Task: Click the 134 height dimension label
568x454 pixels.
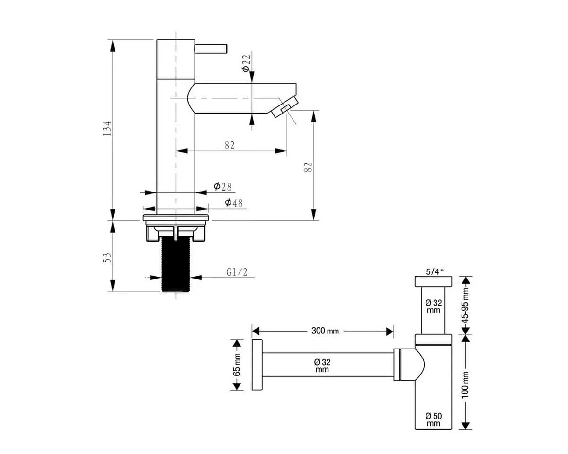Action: tap(107, 129)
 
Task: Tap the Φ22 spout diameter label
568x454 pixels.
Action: tap(246, 63)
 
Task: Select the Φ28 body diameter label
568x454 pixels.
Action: tap(222, 187)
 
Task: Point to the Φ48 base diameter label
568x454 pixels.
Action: tap(233, 202)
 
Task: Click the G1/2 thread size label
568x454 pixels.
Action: tap(237, 272)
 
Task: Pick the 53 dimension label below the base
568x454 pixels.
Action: tap(107, 258)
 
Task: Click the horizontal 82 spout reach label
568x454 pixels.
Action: tap(230, 145)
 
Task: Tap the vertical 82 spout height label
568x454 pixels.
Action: tap(308, 167)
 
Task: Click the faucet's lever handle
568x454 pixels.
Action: tap(211, 49)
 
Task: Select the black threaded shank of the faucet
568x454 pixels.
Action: tap(176, 264)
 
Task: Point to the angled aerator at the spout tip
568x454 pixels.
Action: tap(284, 106)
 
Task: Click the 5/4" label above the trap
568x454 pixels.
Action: tap(435, 272)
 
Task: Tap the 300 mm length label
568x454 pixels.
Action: tap(325, 331)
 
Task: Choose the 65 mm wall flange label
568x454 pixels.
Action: tap(237, 365)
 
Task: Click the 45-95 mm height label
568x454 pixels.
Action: tap(465, 306)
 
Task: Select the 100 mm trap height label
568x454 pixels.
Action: tap(465, 385)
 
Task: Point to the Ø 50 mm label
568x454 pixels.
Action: tap(434, 419)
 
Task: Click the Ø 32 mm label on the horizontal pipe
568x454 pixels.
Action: tap(322, 366)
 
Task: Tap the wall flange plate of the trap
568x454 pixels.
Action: tap(257, 365)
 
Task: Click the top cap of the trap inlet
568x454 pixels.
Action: tap(433, 281)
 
